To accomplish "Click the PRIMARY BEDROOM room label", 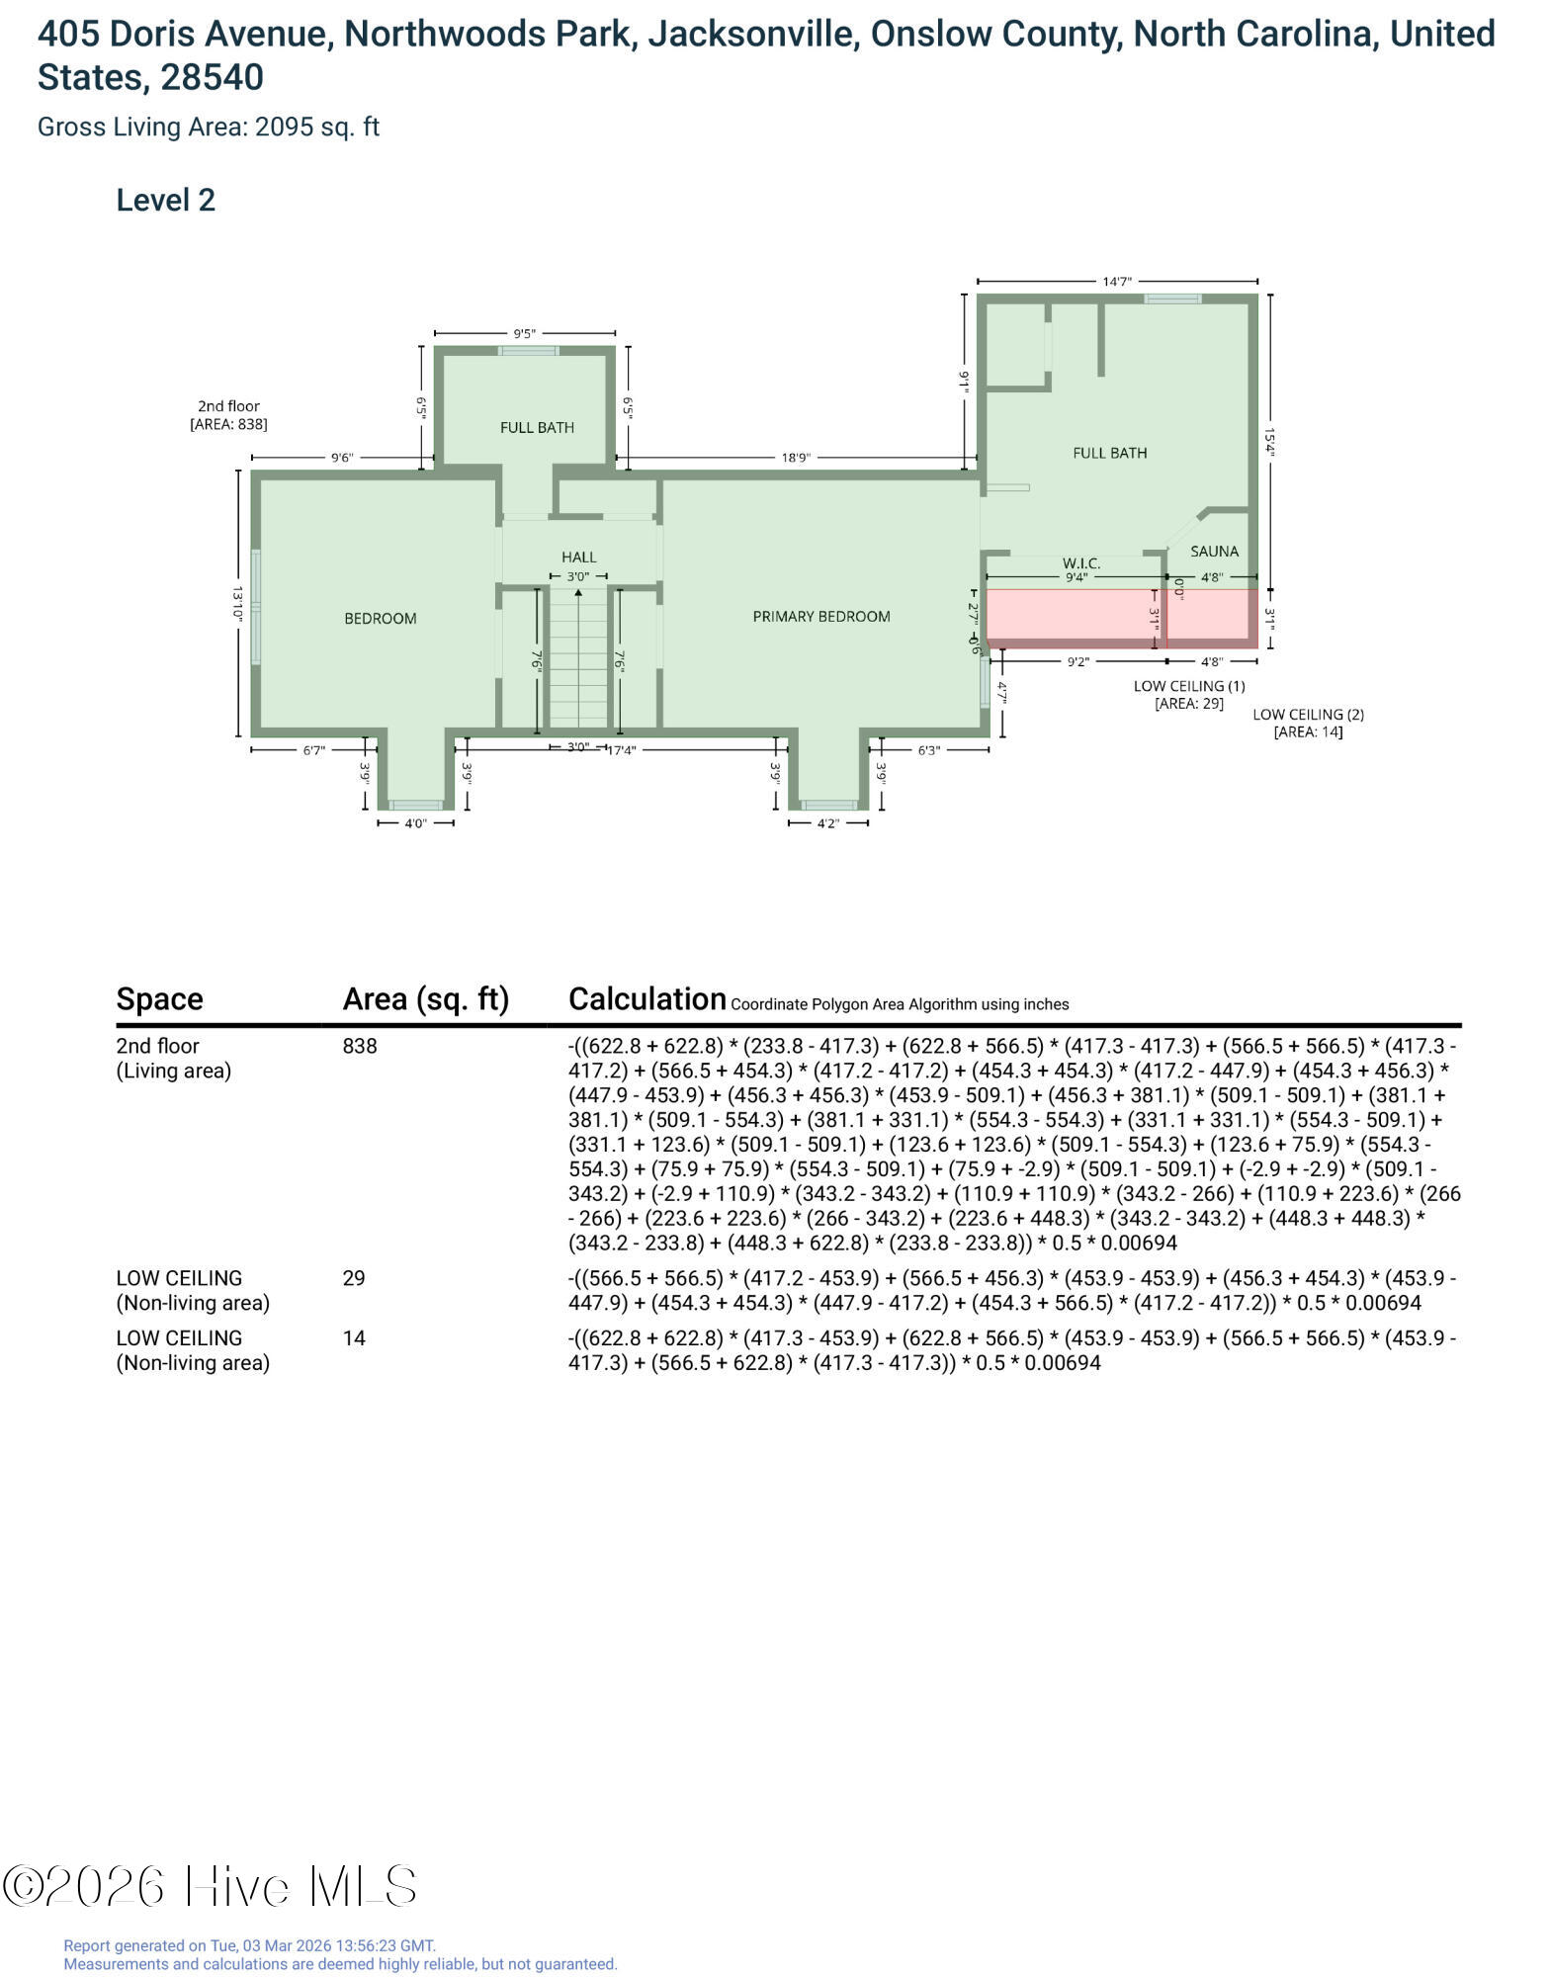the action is pos(821,617).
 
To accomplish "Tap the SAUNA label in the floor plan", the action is pos(1214,552).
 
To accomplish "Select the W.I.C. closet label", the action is pos(1081,563).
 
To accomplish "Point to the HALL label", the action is pos(579,558).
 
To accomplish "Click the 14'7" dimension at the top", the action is pos(1117,282).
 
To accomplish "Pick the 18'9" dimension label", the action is pos(796,458).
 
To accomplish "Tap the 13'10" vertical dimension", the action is pos(238,603).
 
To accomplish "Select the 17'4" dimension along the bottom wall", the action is pos(621,750).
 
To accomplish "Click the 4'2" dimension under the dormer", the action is pos(828,824).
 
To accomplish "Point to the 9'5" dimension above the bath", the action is pos(524,334).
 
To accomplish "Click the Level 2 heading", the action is pos(166,201).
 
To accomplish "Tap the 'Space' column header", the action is pos(160,999).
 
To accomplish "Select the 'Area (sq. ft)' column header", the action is pos(426,999).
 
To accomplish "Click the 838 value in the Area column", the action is pos(360,1046).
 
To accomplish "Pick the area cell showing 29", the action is pos(354,1278).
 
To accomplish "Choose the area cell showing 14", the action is pos(354,1338).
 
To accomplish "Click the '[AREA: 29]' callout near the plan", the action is pos(1189,704).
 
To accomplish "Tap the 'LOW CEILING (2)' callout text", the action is pos(1308,714).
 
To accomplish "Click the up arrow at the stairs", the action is pos(578,593).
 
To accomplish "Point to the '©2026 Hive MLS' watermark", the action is pos(210,1886).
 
